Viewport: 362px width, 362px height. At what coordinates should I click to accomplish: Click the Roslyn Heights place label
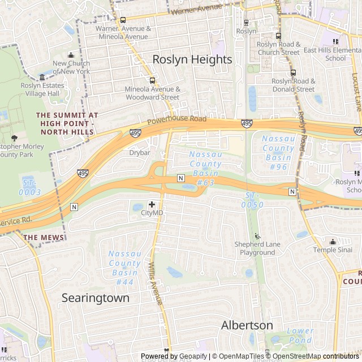192,59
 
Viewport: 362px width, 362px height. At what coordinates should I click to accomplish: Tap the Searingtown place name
95,298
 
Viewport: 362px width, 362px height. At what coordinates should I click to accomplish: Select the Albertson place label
247,325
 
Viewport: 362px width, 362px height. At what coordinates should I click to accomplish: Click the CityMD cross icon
152,204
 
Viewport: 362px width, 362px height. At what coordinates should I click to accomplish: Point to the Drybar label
139,153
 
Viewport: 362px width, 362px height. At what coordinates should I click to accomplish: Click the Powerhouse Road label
177,120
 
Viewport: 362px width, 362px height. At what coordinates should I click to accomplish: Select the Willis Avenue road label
156,283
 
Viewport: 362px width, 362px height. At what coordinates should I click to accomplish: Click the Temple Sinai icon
332,242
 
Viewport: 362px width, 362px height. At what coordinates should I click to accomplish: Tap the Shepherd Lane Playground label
258,248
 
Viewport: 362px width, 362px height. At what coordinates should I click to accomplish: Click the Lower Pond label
300,335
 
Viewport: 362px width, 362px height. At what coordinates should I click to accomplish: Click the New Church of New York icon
71,55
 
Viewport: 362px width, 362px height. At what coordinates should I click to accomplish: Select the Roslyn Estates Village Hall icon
42,77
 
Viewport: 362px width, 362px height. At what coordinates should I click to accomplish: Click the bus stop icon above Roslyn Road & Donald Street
293,72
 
